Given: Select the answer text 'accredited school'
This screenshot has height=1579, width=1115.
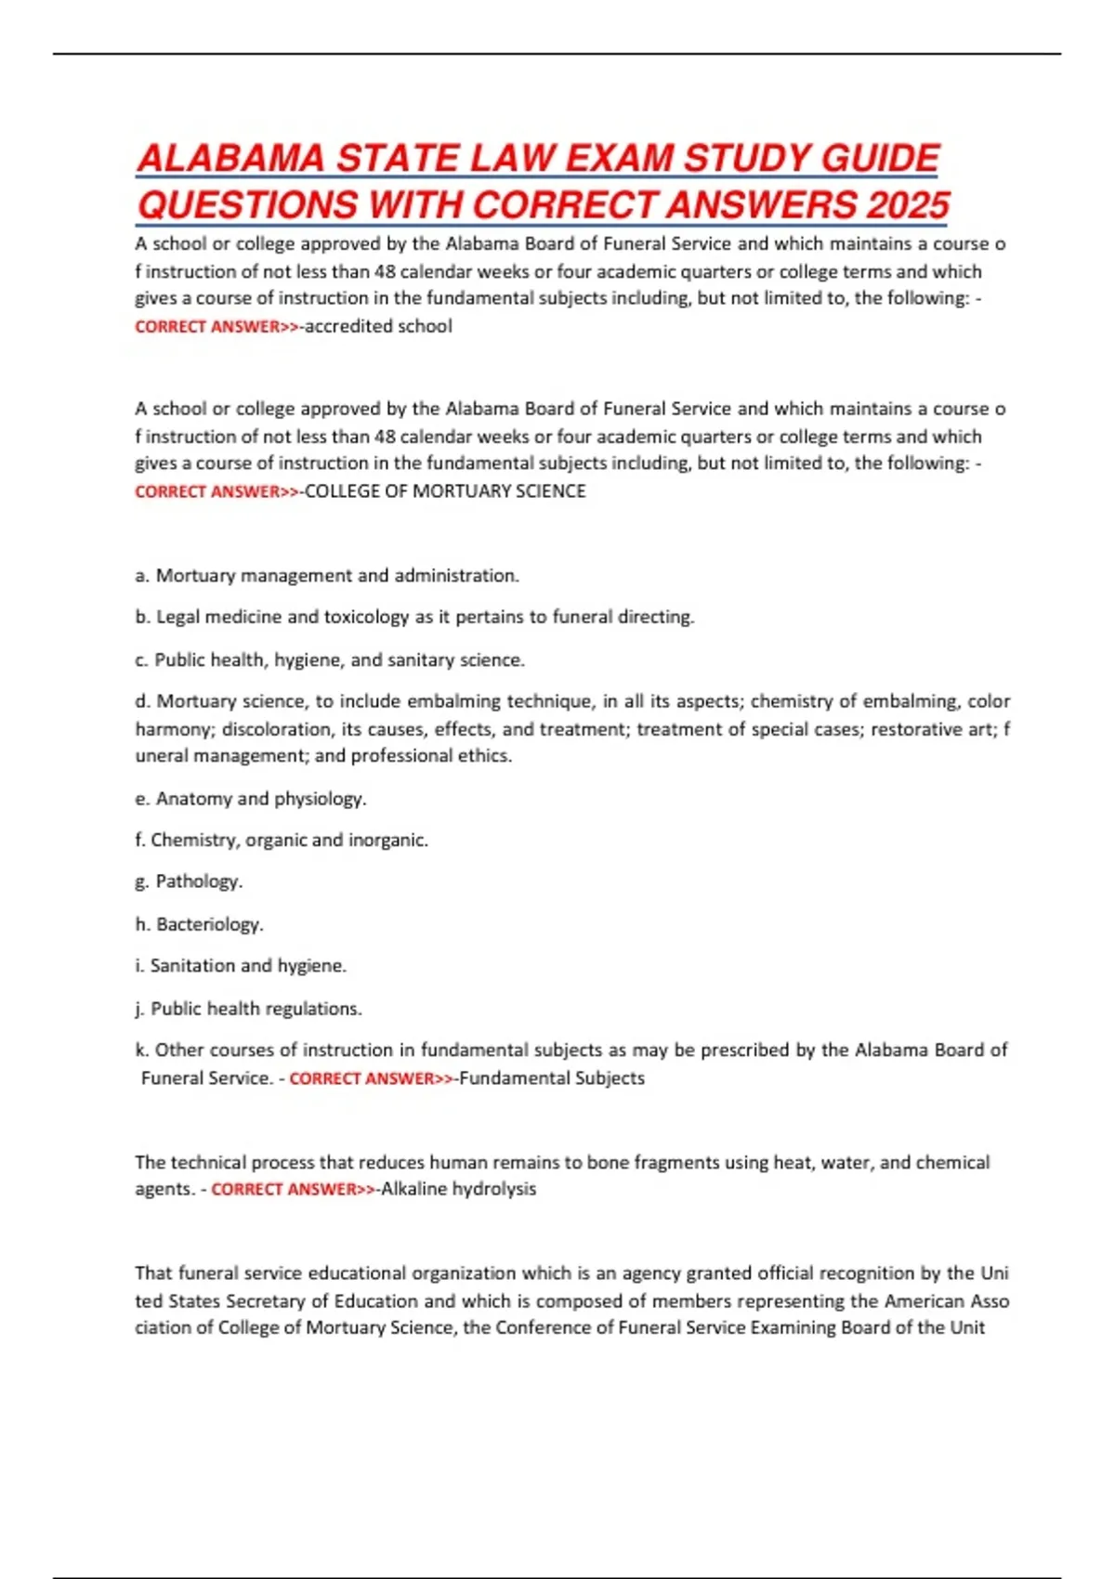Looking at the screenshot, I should click(378, 326).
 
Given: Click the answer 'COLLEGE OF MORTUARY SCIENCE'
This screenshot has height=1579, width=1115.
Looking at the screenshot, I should click(445, 491).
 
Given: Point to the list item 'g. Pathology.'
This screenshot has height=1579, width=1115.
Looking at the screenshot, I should click(189, 881).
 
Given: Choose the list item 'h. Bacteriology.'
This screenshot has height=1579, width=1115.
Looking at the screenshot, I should click(199, 924).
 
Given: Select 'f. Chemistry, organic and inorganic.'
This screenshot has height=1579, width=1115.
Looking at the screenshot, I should click(282, 841).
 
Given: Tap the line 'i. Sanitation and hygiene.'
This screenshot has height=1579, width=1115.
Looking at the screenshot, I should click(241, 966).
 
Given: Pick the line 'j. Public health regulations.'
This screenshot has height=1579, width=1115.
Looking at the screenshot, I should click(248, 1009).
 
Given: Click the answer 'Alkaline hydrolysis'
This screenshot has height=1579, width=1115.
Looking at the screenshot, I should click(458, 1189).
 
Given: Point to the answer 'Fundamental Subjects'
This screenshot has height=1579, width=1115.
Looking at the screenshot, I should click(552, 1078).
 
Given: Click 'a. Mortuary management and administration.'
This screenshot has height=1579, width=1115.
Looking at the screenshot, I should click(327, 576).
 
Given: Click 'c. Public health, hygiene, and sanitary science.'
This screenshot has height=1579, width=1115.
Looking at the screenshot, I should click(330, 660).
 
